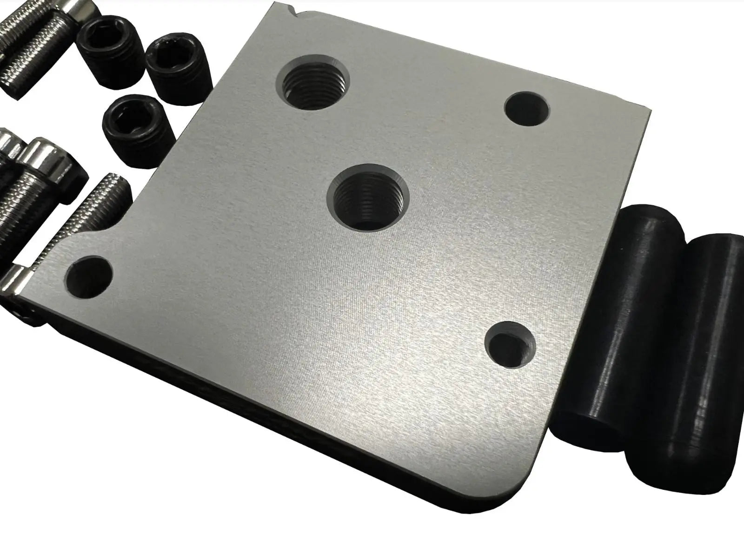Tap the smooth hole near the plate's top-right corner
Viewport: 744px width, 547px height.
526,108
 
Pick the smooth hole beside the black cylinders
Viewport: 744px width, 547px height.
511,343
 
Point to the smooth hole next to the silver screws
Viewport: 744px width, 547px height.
90,277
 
